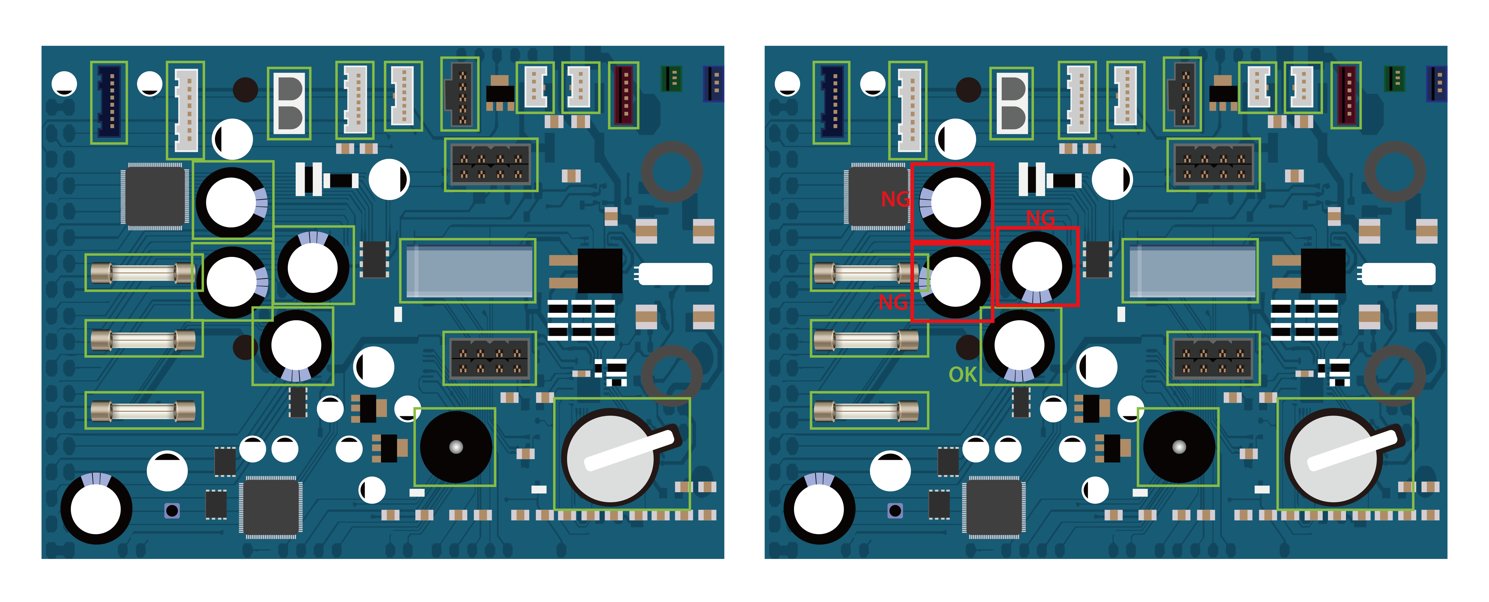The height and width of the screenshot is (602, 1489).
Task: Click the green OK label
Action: click(x=962, y=374)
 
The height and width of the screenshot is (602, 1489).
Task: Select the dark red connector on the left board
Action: click(x=623, y=94)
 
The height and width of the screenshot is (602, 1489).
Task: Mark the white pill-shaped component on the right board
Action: click(x=1399, y=274)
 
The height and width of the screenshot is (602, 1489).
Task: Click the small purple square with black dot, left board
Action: click(x=172, y=510)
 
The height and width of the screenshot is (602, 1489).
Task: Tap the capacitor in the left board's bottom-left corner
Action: click(x=96, y=509)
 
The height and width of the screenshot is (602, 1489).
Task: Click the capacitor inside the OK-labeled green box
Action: click(x=1019, y=345)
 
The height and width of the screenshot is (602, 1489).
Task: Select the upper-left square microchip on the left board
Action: click(x=154, y=196)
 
